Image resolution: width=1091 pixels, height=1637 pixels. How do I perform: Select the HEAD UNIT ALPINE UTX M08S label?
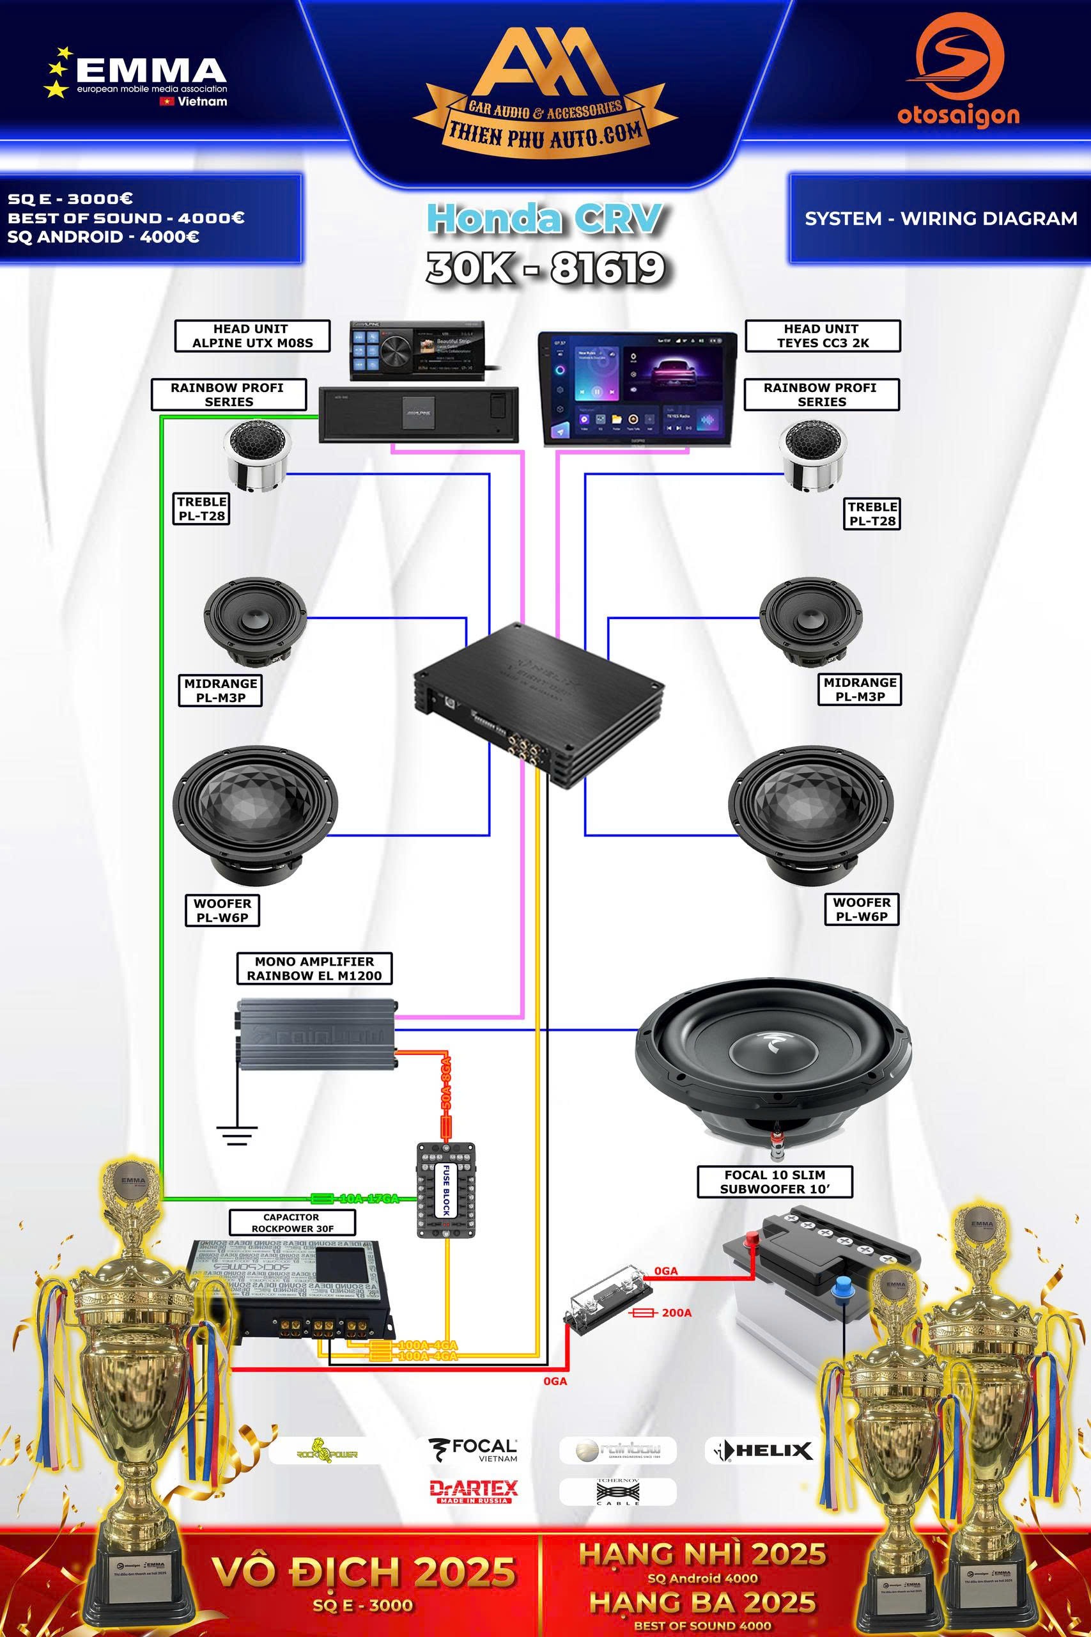pos(252,336)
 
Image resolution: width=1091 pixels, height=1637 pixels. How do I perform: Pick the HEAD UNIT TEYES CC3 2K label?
pos(823,336)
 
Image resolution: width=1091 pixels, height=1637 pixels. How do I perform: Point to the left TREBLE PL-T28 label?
pos(202,509)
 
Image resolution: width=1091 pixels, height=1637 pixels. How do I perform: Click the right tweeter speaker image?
pos(813,455)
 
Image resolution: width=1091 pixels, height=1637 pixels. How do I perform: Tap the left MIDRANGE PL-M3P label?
pos(221,690)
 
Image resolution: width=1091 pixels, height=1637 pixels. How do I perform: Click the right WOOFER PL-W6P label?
pos(862,909)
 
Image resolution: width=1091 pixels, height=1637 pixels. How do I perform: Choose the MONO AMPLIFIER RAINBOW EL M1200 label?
pos(314,968)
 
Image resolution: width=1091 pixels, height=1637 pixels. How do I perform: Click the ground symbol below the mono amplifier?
pos(236,1134)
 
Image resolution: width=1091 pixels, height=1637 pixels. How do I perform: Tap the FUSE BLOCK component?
pos(446,1189)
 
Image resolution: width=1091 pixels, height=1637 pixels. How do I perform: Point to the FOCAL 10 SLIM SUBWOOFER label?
pos(775,1182)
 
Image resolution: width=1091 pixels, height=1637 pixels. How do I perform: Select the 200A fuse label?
pos(676,1313)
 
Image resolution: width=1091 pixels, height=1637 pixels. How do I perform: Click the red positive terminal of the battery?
pos(752,1239)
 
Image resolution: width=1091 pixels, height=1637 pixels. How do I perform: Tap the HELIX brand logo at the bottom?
pos(759,1450)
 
